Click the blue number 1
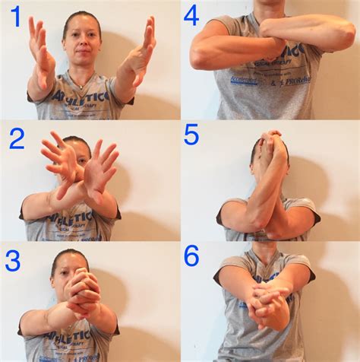point(14,16)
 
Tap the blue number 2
point(15,138)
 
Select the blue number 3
point(14,260)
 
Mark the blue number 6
point(193,256)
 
